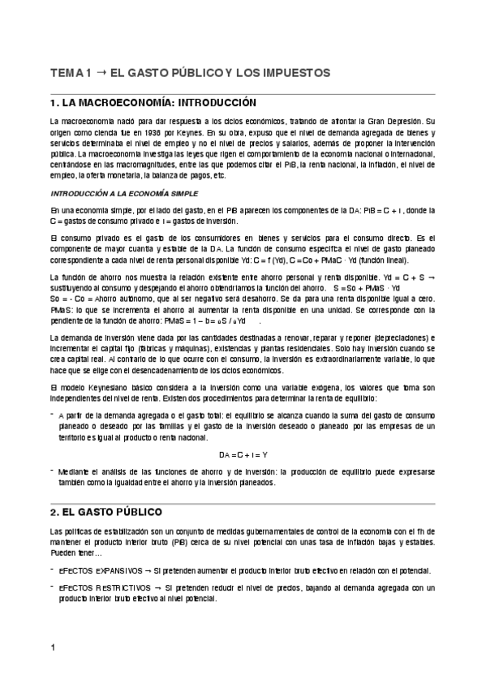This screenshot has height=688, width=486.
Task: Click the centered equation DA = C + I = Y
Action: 243,454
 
